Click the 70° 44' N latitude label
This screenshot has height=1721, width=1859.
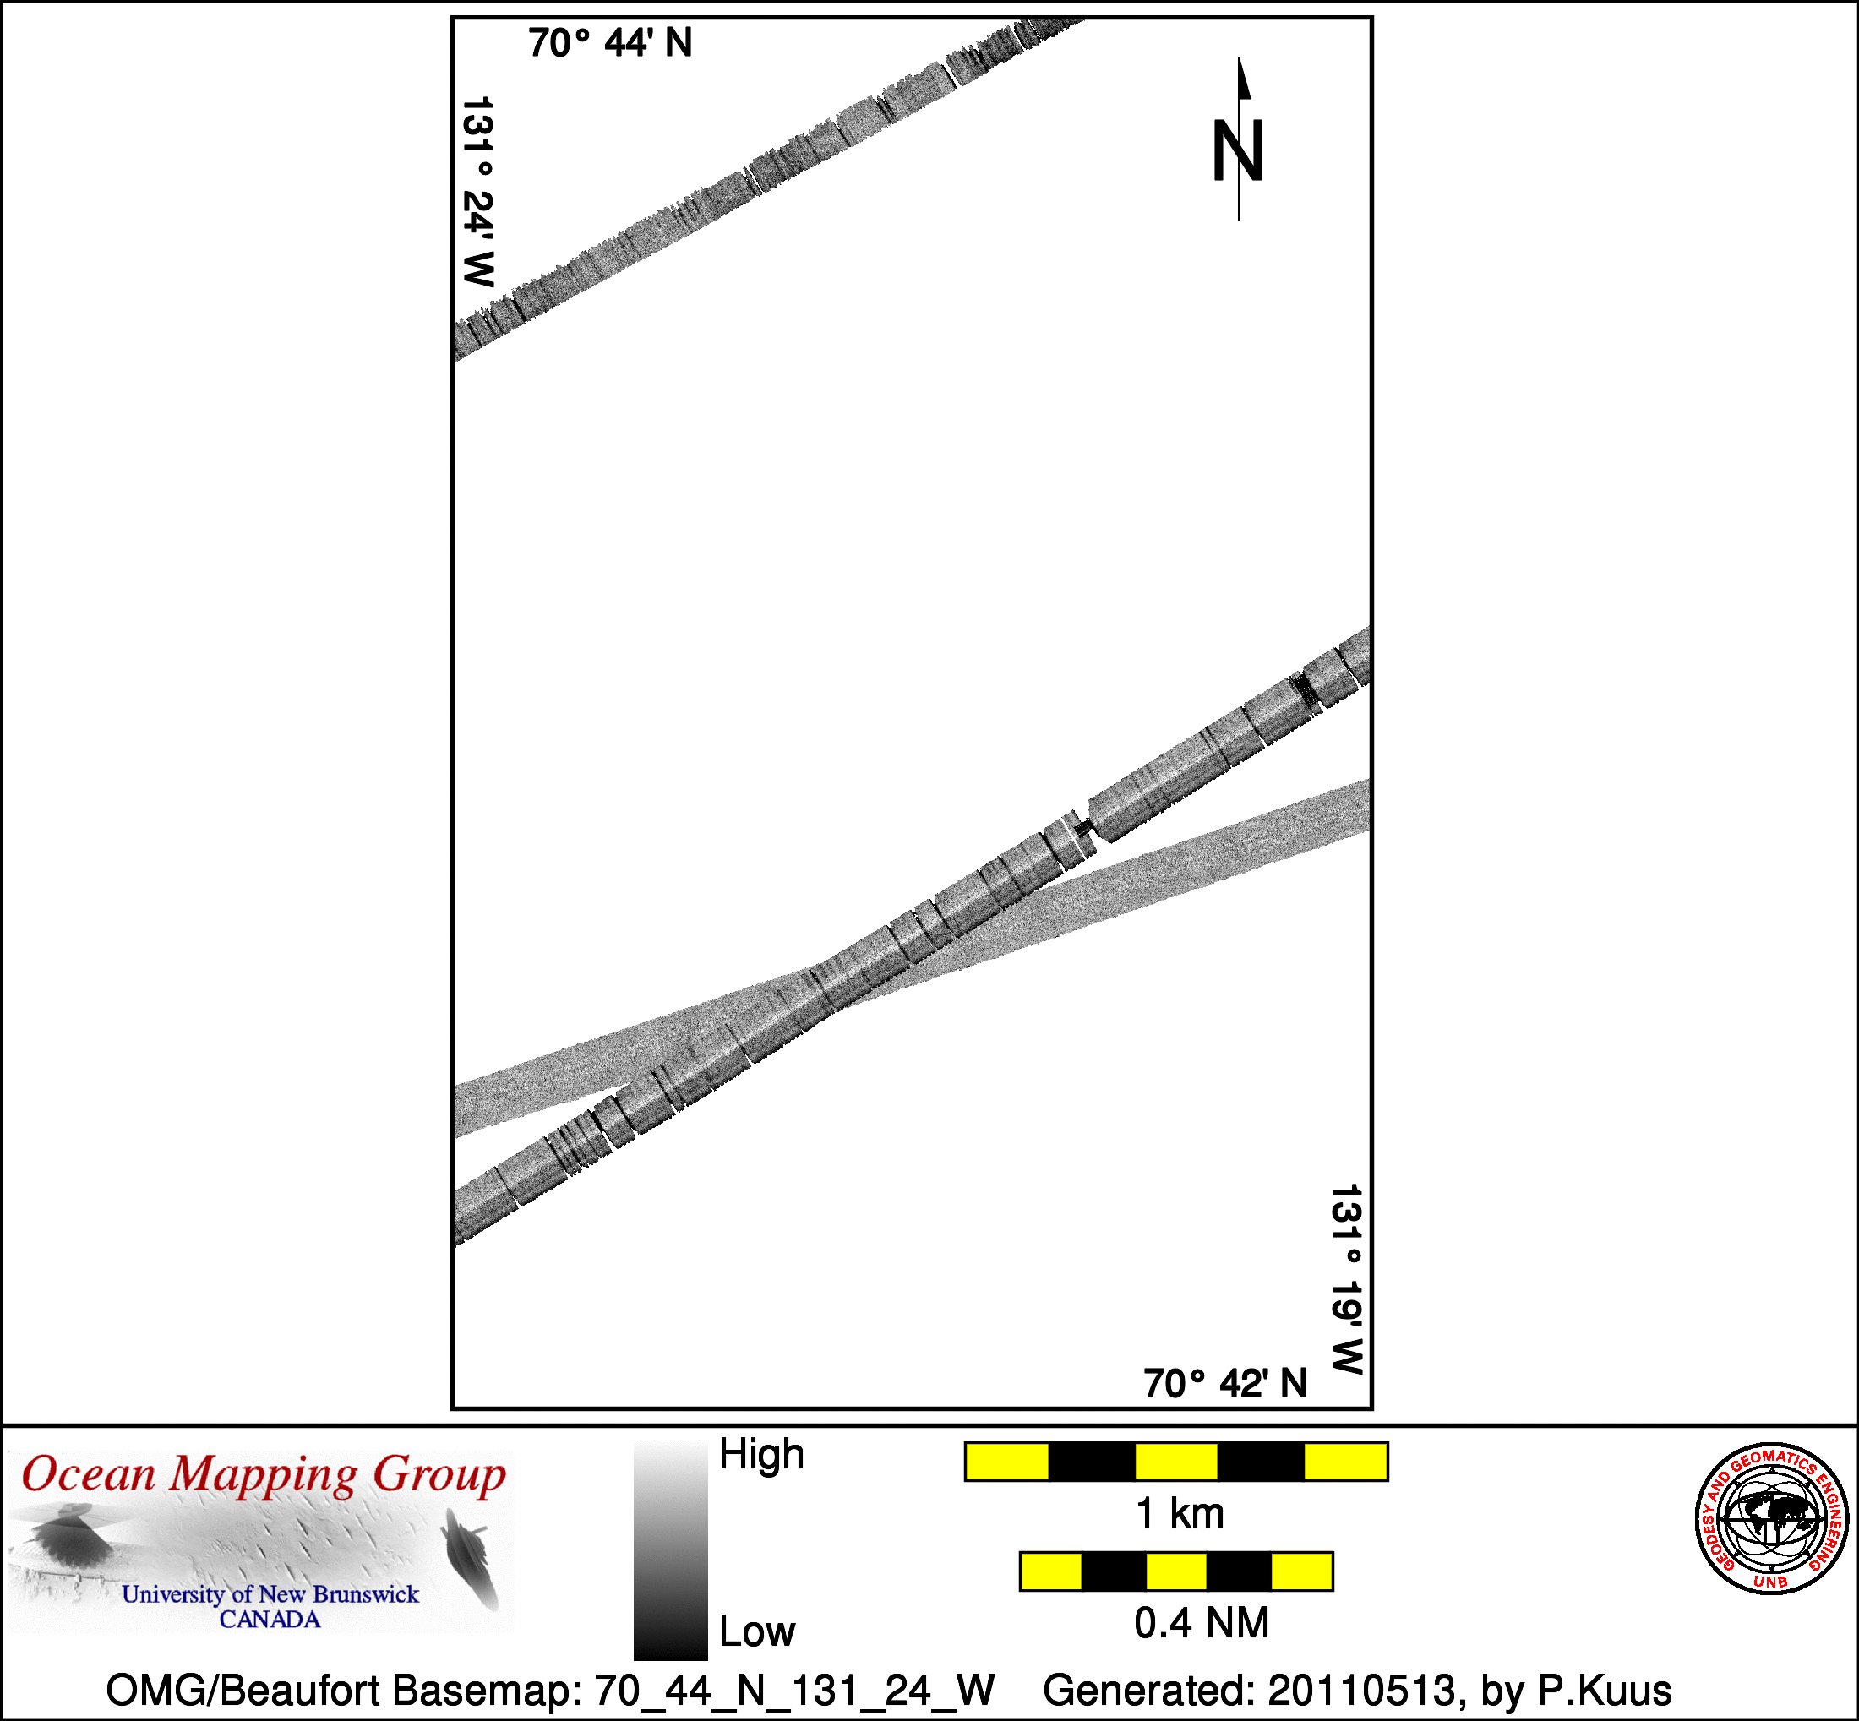coord(610,43)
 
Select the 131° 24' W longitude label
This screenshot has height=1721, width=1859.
coord(479,192)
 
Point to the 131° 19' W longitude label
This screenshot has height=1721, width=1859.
coord(1347,1280)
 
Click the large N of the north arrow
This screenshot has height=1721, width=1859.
coord(1238,151)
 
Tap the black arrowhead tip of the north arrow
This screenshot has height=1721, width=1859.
coord(1239,57)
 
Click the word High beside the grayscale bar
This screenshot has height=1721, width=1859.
coord(761,1455)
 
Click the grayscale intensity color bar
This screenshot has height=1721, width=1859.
coord(671,1551)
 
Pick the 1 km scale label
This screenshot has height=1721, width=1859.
coord(1179,1513)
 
